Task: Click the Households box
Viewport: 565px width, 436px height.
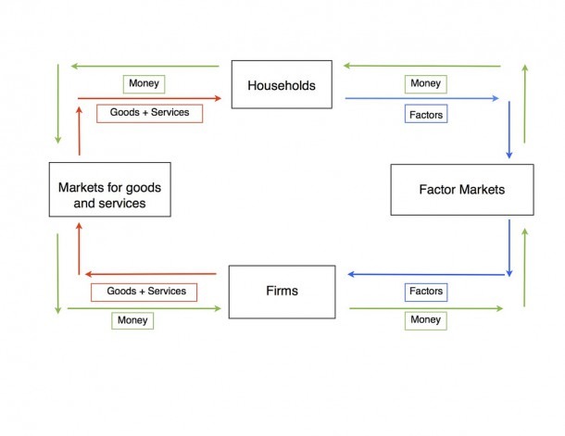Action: point(282,84)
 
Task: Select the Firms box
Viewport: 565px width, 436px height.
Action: point(282,292)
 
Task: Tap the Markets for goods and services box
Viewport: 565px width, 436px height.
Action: point(110,190)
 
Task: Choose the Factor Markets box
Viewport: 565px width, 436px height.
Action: point(462,190)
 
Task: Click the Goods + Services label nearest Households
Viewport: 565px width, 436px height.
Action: point(149,114)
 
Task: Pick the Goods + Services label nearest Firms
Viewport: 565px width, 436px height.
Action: point(144,292)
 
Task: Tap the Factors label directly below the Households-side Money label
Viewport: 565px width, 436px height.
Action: point(426,114)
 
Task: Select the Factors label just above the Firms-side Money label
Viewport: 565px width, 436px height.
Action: point(426,293)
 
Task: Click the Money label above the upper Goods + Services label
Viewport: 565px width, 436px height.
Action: point(144,84)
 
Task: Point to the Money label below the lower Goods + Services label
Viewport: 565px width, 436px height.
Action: point(132,321)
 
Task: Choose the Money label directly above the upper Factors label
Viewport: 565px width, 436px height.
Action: point(426,84)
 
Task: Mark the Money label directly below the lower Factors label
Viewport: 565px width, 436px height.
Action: point(426,321)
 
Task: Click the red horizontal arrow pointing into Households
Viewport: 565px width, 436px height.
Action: point(149,98)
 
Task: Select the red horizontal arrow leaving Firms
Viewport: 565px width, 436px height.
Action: point(151,274)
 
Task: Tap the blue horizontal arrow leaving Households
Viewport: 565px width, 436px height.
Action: point(422,98)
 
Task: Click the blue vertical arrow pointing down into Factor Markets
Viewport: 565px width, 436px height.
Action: point(509,130)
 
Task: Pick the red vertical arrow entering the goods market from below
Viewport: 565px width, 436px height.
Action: point(80,249)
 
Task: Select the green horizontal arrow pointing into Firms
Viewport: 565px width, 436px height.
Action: point(144,308)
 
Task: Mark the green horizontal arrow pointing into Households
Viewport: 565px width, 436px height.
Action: point(422,66)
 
